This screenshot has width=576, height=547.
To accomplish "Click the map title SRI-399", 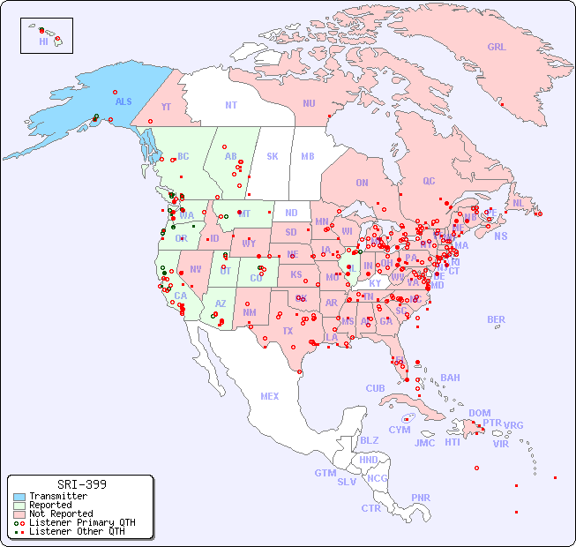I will click(81, 484).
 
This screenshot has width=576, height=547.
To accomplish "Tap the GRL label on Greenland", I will click(497, 47).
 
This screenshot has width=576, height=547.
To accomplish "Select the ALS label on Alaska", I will click(123, 101).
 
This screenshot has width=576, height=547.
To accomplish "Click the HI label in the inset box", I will click(43, 41).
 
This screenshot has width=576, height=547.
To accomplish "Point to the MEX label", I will click(270, 396).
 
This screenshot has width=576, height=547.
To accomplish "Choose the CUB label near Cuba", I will click(375, 388).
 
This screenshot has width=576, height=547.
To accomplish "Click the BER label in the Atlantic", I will click(496, 319).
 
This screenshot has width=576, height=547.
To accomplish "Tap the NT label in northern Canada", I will click(230, 104).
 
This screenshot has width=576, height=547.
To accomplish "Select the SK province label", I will click(273, 156).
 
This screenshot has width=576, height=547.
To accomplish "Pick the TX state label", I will click(288, 331).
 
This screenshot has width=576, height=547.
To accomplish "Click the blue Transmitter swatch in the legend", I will click(19, 497).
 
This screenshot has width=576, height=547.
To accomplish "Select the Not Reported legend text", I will click(61, 513).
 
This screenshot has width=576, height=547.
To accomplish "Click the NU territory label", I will click(309, 103).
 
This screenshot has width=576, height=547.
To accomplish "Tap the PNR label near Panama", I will click(421, 498).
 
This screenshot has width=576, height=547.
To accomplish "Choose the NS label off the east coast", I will click(500, 236).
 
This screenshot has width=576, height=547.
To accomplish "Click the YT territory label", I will click(166, 107).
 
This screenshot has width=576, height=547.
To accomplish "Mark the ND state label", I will click(291, 213).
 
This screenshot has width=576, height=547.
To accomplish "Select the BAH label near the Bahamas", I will click(450, 378).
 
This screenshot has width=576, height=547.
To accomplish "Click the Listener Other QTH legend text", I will click(76, 531).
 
